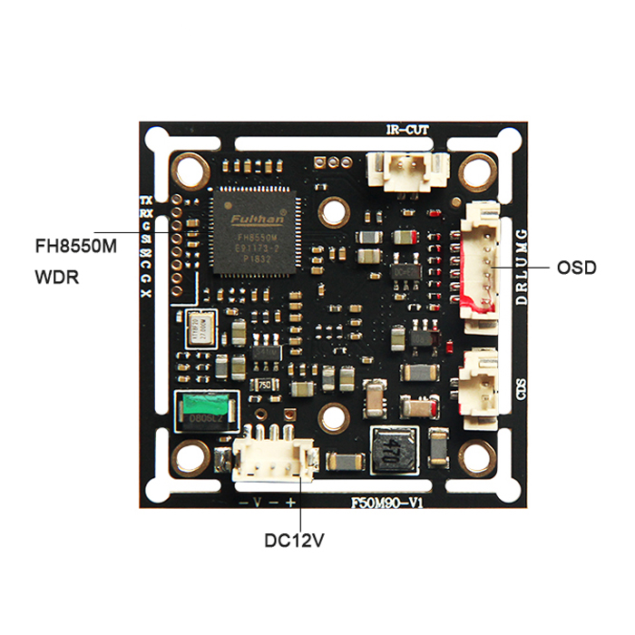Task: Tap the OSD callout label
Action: coord(576,268)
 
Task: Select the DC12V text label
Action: coord(294,541)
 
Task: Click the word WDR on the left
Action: coord(56,275)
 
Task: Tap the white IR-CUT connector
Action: coord(407,168)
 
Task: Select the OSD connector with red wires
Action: coord(483,259)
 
